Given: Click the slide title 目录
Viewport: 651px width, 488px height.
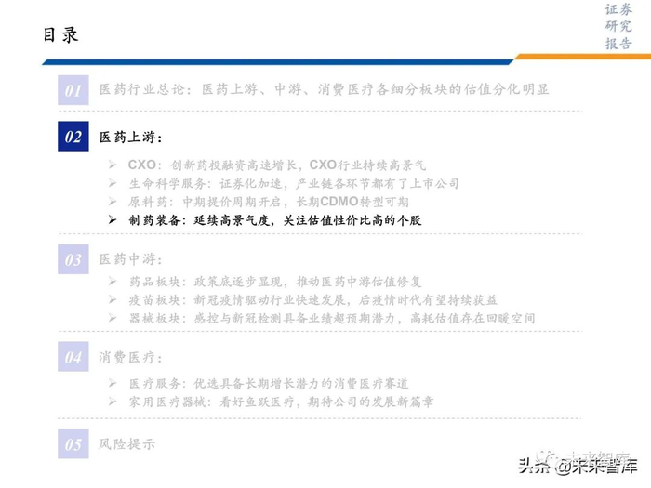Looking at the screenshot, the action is pyautogui.click(x=60, y=35).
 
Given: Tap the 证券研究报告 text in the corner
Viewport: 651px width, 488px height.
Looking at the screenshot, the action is pyautogui.click(x=618, y=27).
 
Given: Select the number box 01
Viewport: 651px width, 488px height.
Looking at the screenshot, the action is pyautogui.click(x=73, y=89).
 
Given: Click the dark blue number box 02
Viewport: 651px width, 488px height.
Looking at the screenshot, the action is pyautogui.click(x=73, y=137).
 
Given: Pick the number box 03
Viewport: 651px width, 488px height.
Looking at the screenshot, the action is pyautogui.click(x=73, y=259).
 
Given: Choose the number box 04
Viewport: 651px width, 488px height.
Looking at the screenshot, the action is pyautogui.click(x=73, y=356).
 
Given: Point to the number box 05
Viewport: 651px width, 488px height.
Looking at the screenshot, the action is pyautogui.click(x=73, y=443).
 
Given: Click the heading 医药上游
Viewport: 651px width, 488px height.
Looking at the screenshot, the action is pyautogui.click(x=129, y=137).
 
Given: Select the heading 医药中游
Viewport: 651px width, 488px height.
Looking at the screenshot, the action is pyautogui.click(x=129, y=259).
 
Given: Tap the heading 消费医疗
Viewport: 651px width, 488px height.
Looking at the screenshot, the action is pyautogui.click(x=129, y=356).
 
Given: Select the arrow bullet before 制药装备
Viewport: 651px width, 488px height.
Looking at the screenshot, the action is pyautogui.click(x=113, y=220).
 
